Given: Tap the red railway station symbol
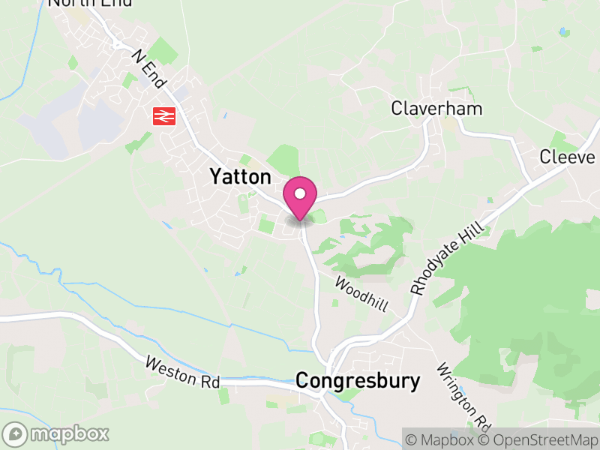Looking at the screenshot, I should [163, 115].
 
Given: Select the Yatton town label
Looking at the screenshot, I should [240, 177].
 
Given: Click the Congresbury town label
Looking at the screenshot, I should [358, 380].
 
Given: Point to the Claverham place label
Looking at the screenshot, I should [436, 109].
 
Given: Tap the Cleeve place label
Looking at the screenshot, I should [567, 157].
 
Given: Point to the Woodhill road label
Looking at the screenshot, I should [361, 294].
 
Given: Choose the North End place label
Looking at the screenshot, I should [89, 3].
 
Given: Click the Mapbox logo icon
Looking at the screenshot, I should [16, 433].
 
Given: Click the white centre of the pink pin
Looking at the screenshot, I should [300, 193].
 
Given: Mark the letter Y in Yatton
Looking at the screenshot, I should [215, 177].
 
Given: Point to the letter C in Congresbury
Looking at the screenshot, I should [302, 380].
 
